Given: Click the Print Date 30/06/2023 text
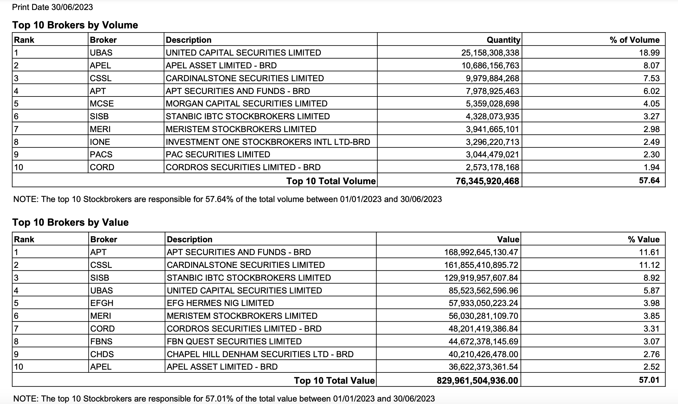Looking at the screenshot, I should point(52,7).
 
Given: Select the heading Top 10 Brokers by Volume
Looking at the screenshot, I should point(75,25).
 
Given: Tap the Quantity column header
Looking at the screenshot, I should point(503,40).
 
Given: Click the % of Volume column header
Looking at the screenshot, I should point(634,40).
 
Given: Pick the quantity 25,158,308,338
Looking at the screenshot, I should point(490,53).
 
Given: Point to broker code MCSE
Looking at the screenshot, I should point(102,104).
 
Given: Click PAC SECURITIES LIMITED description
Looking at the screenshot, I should point(218,155).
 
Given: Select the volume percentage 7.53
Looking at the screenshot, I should point(651,78).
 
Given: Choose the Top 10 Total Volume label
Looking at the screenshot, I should point(331,181).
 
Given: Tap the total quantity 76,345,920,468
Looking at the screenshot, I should point(487,181).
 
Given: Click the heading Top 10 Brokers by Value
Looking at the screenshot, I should point(70,222).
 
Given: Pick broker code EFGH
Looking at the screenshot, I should point(102,303).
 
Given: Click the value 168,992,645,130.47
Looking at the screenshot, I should point(481,252).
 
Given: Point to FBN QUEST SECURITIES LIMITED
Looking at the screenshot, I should point(234,342).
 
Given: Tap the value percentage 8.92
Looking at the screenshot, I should point(651,278).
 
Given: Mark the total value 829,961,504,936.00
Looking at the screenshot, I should point(477,381).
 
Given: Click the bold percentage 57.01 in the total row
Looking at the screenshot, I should point(649,380).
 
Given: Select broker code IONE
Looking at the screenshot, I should point(100,142).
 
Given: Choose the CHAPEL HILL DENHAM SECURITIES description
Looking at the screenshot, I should point(260,354).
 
